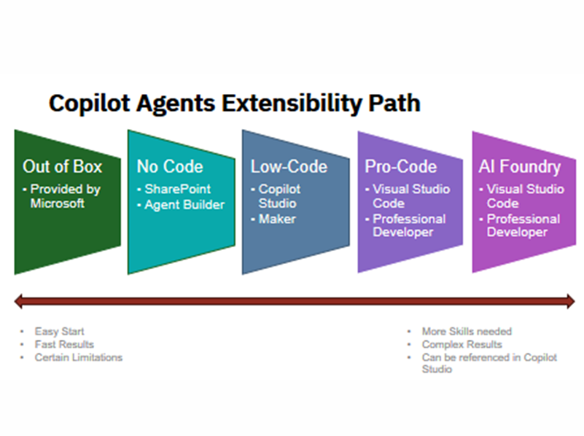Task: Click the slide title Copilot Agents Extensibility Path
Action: (234, 104)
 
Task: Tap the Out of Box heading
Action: (63, 167)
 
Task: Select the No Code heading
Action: (170, 167)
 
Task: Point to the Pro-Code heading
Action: (401, 167)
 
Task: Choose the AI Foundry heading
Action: (520, 167)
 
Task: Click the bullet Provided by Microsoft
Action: (66, 196)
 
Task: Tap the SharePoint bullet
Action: (177, 190)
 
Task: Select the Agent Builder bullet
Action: (183, 205)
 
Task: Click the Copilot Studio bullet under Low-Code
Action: (279, 196)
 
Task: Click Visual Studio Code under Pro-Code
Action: (411, 196)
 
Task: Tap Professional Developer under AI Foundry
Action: (523, 225)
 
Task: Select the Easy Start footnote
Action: (60, 332)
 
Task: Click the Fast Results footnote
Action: (64, 344)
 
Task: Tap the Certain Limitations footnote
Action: (78, 357)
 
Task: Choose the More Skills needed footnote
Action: (467, 332)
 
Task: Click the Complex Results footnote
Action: (462, 344)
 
